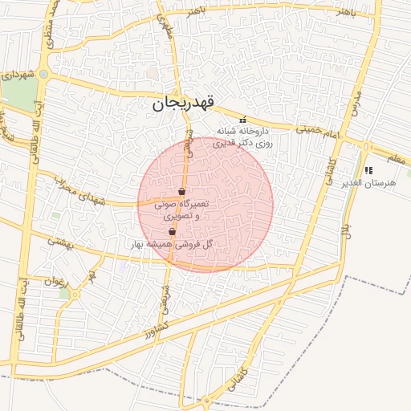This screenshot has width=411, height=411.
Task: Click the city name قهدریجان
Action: [184, 104]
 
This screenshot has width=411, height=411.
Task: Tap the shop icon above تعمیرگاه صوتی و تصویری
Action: [181, 192]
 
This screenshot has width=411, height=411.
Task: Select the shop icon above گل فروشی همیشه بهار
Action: [172, 232]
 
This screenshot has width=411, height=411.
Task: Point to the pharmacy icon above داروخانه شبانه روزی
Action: [243, 120]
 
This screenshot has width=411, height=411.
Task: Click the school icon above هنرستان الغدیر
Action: [368, 170]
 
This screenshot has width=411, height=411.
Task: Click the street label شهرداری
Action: [18, 75]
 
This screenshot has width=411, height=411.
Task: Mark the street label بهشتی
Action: [59, 240]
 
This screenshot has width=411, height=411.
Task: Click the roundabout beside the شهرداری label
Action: [43, 75]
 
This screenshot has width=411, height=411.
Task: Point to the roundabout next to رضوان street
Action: [75, 295]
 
